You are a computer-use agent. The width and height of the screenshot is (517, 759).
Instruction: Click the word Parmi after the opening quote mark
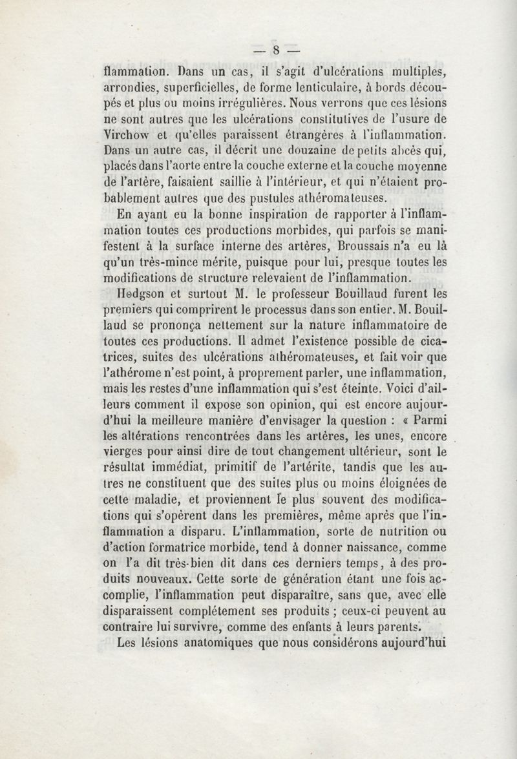[x=425, y=422]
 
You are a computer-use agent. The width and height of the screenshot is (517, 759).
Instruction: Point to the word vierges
[x=125, y=454]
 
